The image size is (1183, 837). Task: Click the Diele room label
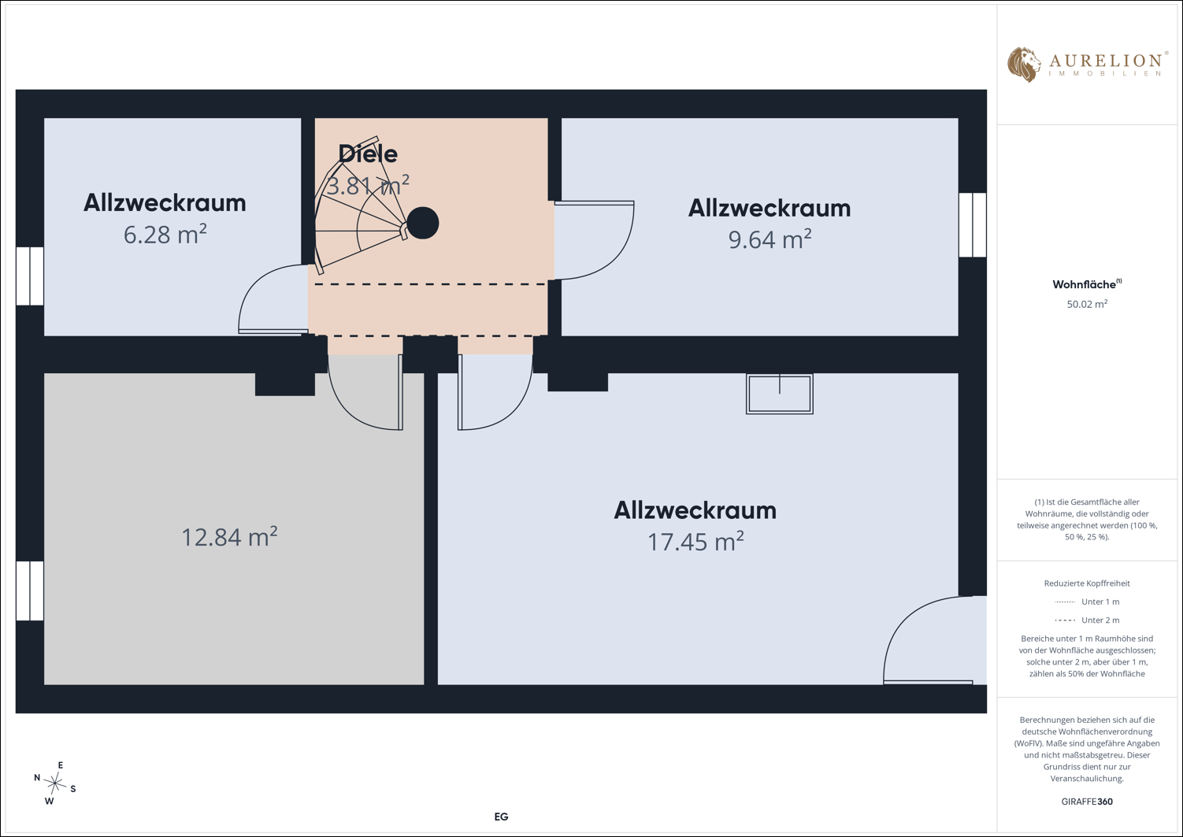coord(368,154)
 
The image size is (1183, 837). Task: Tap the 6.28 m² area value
coord(165,235)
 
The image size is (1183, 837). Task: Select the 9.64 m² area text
coord(770,239)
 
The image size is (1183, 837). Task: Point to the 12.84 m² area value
coord(229,537)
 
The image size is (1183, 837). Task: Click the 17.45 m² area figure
coord(695,542)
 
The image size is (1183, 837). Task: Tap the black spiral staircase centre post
coord(423,224)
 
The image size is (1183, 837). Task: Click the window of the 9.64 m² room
coord(972,225)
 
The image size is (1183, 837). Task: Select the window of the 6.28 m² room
coord(30,276)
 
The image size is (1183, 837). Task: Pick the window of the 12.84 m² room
coord(30,591)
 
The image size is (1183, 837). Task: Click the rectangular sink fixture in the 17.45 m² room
coord(779,394)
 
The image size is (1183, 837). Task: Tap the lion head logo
coord(1024,65)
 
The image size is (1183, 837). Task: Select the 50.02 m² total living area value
coord(1087,304)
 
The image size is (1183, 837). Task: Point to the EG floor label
coord(501,817)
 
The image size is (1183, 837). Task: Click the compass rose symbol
coord(54,783)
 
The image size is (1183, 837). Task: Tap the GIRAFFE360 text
coord(1087,801)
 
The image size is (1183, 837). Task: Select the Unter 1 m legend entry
coord(1087,602)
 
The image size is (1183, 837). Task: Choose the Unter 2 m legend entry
coord(1087,620)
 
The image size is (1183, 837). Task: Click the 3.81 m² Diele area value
coord(368,186)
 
